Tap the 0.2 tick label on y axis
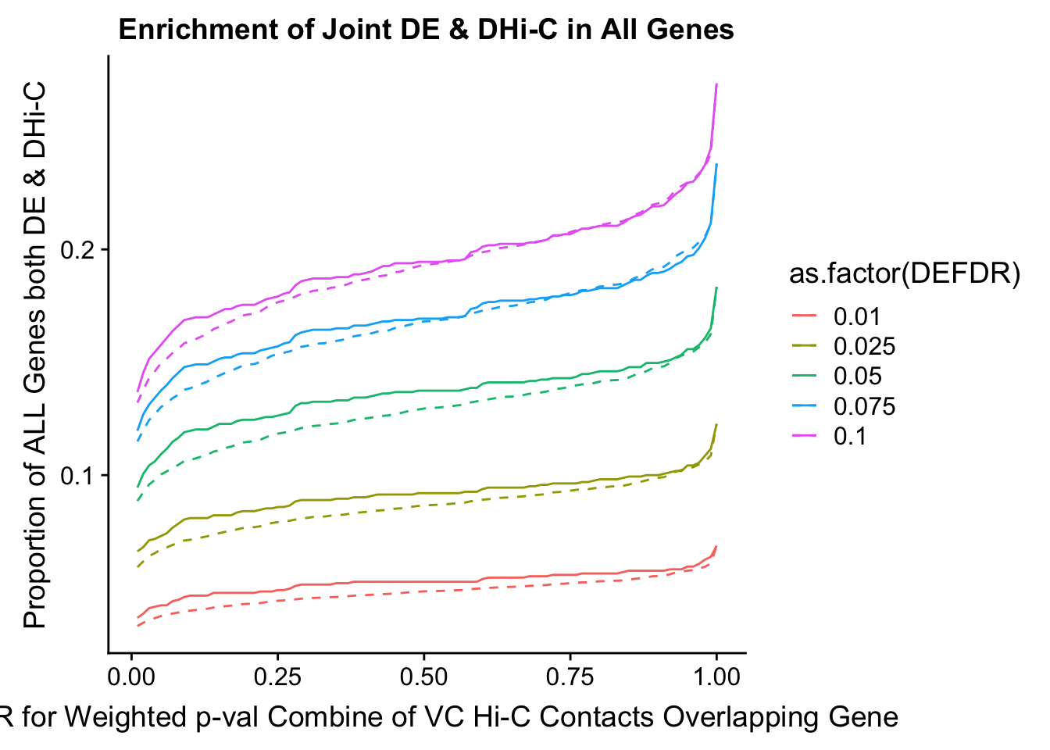click(x=79, y=250)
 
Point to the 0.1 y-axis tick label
click(x=79, y=476)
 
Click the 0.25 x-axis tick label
click(x=277, y=677)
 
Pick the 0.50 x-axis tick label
click(x=423, y=677)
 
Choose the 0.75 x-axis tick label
click(x=570, y=677)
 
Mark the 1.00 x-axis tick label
click(x=716, y=677)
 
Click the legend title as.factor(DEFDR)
click(x=904, y=274)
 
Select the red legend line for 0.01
click(x=804, y=316)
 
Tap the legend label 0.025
click(x=864, y=346)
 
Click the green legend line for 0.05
click(x=804, y=376)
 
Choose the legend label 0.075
click(x=864, y=406)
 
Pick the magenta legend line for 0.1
click(x=804, y=436)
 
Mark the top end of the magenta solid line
click(x=716, y=84)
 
